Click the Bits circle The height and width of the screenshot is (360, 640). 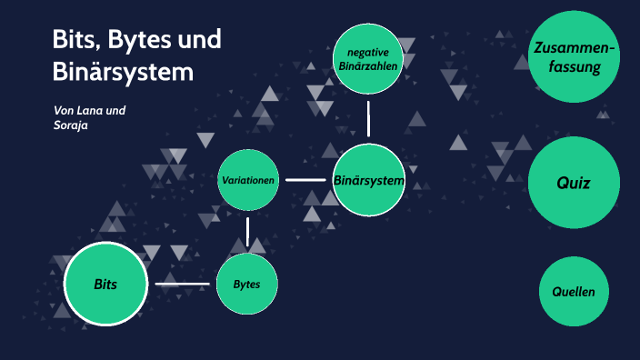point(105,285)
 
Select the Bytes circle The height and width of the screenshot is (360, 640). point(246,285)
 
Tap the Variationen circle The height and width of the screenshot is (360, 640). point(248,180)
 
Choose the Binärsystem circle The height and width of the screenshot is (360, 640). point(368,180)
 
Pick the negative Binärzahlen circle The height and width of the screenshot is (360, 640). point(367,59)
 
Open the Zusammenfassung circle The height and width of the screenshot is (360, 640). point(574,57)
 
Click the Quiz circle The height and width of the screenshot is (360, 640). point(574,183)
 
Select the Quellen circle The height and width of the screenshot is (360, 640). point(574,292)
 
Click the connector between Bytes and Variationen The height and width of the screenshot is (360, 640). point(247,231)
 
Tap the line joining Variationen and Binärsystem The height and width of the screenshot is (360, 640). point(305,180)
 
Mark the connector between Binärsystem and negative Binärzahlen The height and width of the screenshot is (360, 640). point(368,118)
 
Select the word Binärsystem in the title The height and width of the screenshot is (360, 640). point(123,71)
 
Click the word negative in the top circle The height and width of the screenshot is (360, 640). point(367,52)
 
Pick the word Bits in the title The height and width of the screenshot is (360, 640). point(72,41)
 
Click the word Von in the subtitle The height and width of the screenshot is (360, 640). point(64,111)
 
